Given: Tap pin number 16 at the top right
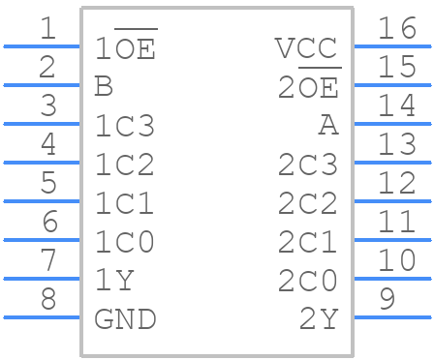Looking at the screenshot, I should [396, 29].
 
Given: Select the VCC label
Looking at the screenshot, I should [306, 48].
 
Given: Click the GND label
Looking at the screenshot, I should [125, 318].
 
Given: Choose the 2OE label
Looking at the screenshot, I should [308, 87].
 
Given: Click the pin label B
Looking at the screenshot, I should [104, 87].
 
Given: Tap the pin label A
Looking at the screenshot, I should [328, 126].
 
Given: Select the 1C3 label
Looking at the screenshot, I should [125, 126].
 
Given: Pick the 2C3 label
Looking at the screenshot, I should [308, 165].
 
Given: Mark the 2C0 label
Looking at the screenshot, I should [308, 281].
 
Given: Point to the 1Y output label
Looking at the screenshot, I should [114, 281].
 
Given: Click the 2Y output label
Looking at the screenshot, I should [318, 318].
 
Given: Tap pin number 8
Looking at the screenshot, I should [47, 299].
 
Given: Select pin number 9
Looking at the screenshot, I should [387, 299].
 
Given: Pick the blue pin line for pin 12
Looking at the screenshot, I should [392, 201].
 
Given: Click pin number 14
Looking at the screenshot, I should [396, 106].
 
